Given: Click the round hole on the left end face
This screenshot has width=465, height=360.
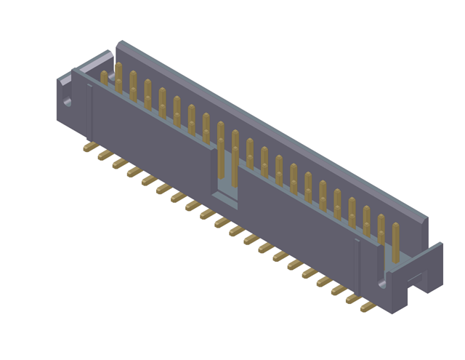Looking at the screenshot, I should click(68, 102).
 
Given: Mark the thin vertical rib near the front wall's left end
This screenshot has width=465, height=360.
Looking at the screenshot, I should click(91, 113).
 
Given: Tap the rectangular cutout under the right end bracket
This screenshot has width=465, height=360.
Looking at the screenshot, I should click(415, 278).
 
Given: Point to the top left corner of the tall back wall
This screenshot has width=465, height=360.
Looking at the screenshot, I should click(119, 43).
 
